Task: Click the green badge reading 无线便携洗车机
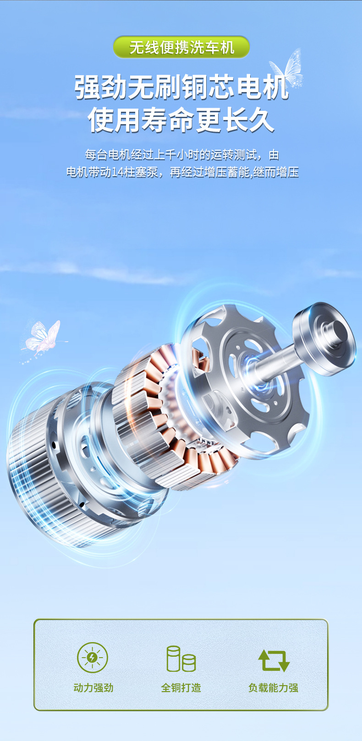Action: tap(181, 47)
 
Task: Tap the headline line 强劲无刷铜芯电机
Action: tap(181, 87)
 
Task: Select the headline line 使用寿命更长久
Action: tap(181, 120)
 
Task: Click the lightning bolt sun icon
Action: tap(93, 657)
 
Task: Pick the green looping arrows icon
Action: tap(274, 660)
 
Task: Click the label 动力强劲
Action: tap(93, 688)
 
